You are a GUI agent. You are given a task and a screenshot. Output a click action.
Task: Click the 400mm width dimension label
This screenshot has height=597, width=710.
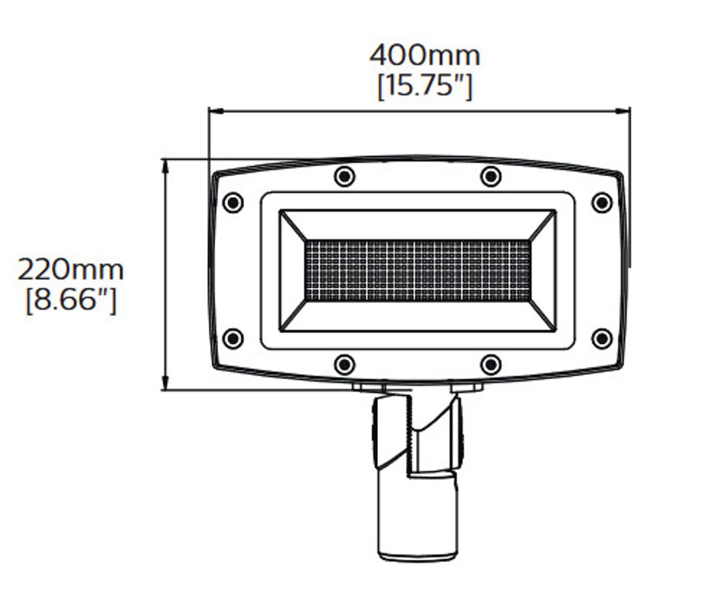(x=424, y=55)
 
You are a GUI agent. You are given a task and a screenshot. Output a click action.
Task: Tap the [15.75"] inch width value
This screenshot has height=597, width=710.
(x=424, y=86)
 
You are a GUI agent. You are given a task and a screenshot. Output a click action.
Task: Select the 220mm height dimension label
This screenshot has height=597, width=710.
(x=70, y=270)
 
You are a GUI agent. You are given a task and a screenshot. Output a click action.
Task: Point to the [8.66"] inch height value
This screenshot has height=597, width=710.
(x=71, y=301)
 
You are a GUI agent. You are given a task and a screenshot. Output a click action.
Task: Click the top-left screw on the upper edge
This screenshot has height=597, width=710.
(x=345, y=176)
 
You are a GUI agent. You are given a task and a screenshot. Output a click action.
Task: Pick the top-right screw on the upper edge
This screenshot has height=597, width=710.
(x=490, y=176)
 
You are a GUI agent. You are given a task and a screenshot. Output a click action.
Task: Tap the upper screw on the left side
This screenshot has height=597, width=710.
(x=233, y=202)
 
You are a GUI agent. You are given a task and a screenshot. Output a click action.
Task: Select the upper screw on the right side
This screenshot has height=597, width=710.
(x=602, y=202)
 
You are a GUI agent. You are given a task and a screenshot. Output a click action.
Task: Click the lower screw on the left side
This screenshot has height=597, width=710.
(x=233, y=338)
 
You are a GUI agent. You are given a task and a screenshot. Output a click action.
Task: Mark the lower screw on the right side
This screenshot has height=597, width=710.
(x=602, y=338)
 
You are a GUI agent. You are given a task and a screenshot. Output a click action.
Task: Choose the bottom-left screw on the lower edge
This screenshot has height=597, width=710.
(x=345, y=364)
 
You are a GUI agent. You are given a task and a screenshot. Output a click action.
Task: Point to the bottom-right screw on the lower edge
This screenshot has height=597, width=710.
(x=490, y=364)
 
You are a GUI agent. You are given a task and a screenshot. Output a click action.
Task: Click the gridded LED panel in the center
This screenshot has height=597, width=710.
(x=417, y=271)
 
